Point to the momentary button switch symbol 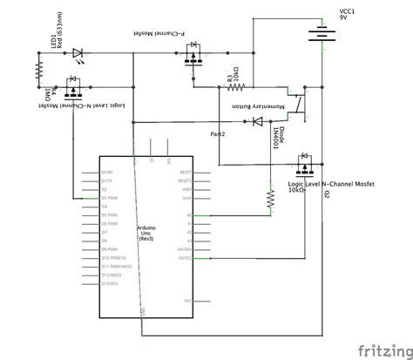click(x=297, y=103)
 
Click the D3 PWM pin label click(x=110, y=198)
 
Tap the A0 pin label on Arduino click(x=186, y=215)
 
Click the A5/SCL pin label click(x=184, y=258)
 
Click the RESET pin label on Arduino click(x=185, y=173)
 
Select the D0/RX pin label click(x=107, y=173)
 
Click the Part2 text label click(x=218, y=135)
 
